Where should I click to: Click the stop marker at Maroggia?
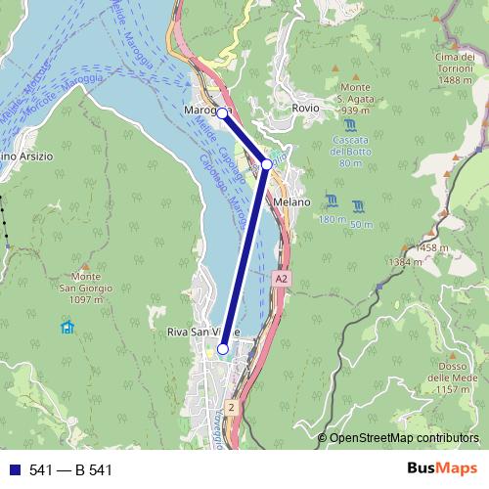pyautogui.click(x=222, y=114)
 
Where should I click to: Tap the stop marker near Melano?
pyautogui.click(x=266, y=164)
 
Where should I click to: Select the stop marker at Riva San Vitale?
pyautogui.click(x=223, y=349)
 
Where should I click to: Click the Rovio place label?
pyautogui.click(x=307, y=108)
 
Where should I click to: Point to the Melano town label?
pyautogui.click(x=292, y=201)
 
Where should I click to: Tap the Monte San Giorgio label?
pyautogui.click(x=85, y=289)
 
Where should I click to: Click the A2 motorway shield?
pyautogui.click(x=282, y=279)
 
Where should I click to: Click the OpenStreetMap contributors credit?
pyautogui.click(x=405, y=438)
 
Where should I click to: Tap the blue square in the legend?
pyautogui.click(x=13, y=470)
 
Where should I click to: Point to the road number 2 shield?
pyautogui.click(x=232, y=405)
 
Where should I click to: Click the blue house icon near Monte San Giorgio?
pyautogui.click(x=67, y=326)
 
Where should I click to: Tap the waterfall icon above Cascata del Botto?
pyautogui.click(x=350, y=126)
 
